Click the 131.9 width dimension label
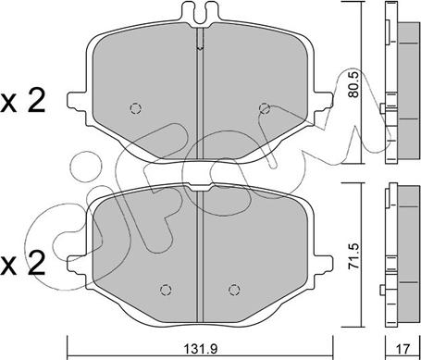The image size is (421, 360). click(x=201, y=349)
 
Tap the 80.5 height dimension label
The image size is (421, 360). click(x=353, y=84)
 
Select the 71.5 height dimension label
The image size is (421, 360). click(x=353, y=256)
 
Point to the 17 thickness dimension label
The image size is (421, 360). click(x=402, y=349)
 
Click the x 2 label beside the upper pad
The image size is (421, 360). click(x=23, y=101)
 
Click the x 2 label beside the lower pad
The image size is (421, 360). click(x=23, y=264)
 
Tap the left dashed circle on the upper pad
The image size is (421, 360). click(x=135, y=108)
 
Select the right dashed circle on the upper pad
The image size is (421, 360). click(x=265, y=108)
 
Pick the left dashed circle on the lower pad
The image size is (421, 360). click(x=166, y=290)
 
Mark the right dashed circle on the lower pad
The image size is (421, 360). click(x=234, y=290)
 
